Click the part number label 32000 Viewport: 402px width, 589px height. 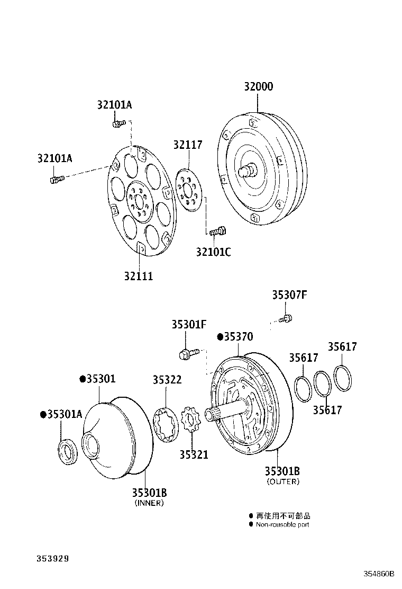tap(259, 87)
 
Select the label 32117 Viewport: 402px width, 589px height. tap(187, 145)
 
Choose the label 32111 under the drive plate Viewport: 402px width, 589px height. tap(139, 276)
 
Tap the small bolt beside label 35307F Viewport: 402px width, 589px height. tap(288, 318)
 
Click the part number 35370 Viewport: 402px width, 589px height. tap(239, 337)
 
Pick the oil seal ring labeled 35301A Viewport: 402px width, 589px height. tap(67, 451)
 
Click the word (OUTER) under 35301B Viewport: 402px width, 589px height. tap(283, 481)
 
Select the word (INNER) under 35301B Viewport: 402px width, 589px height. tap(149, 503)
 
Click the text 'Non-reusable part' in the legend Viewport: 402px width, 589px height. tap(282, 524)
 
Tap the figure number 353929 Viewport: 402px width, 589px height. tap(53, 558)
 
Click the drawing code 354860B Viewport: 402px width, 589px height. tap(379, 573)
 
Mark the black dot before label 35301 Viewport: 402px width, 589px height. tap(83, 379)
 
